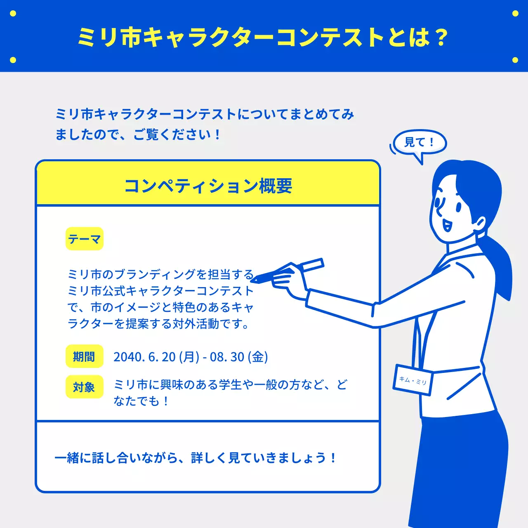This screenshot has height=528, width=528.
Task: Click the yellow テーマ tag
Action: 85,239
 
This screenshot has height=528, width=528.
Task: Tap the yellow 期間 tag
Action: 84,356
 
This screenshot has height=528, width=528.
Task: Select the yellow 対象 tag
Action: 84,387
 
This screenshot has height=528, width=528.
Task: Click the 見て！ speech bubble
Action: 420,143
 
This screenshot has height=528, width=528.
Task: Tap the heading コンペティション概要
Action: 208,186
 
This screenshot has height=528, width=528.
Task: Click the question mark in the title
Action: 441,38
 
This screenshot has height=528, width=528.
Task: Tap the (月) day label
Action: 189,357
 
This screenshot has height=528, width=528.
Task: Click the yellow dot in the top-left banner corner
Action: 13,14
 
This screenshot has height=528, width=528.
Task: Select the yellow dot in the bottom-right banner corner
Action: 515,60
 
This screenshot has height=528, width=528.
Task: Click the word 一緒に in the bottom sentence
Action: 73,458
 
